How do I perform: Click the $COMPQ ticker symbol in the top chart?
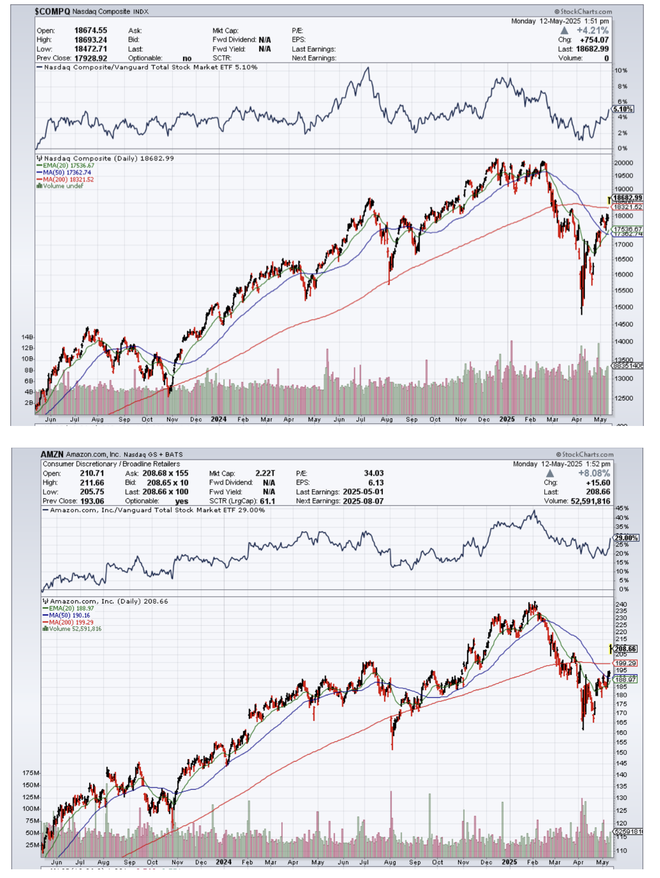tap(52, 11)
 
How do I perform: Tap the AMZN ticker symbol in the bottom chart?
tap(52, 454)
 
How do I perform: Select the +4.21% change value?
tap(593, 31)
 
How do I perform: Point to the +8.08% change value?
tap(594, 474)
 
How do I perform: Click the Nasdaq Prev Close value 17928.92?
tap(90, 58)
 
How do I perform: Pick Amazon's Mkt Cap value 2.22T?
tap(265, 474)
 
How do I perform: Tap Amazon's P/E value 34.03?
tap(373, 474)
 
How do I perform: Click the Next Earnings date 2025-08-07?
tap(363, 501)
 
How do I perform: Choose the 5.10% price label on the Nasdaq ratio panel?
tap(623, 109)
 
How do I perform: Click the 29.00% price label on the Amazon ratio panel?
tap(626, 538)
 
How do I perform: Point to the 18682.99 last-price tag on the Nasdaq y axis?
tap(627, 198)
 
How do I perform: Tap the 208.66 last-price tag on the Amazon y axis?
tap(625, 649)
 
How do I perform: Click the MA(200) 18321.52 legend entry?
tap(66, 179)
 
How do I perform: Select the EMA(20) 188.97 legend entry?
tap(71, 609)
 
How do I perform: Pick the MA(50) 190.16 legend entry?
tap(70, 616)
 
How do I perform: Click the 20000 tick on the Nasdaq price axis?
tap(623, 163)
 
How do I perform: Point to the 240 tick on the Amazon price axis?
tap(621, 604)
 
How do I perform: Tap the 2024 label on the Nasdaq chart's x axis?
tap(219, 419)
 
